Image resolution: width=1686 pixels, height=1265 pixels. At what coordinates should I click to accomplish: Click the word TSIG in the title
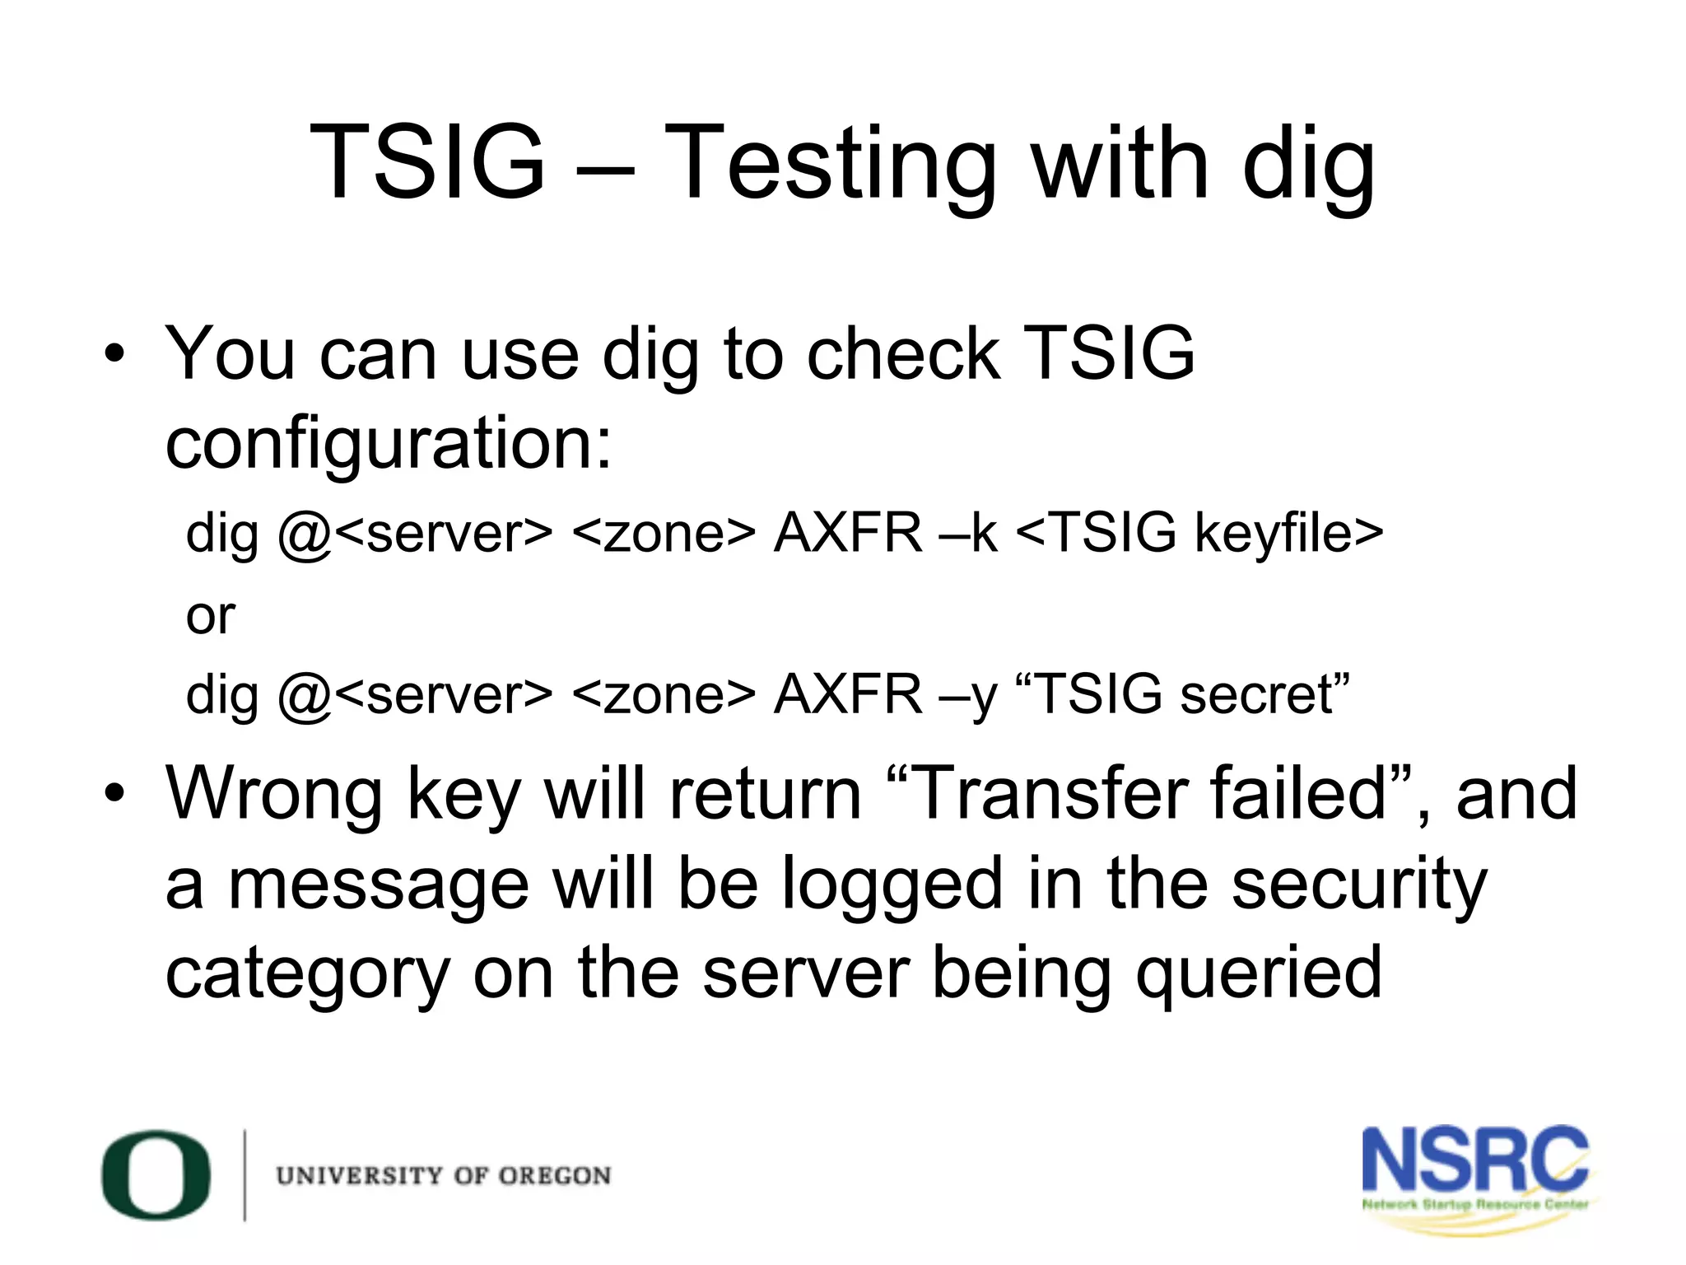[427, 161]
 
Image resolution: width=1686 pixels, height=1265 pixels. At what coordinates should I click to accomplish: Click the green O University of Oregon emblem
[156, 1174]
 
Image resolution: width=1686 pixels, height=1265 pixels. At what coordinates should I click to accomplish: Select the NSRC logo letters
[1474, 1160]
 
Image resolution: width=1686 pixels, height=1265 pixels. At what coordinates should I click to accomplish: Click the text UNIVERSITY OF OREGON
[444, 1175]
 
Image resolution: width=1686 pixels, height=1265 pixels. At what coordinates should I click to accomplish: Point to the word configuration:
[389, 445]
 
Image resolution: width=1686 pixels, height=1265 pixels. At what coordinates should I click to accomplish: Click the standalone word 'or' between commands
[211, 615]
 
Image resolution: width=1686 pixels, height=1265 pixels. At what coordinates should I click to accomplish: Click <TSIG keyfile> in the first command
[1199, 533]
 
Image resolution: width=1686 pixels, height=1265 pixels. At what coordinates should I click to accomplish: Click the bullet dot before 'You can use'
[114, 355]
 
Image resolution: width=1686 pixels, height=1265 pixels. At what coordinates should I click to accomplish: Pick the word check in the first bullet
[903, 354]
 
